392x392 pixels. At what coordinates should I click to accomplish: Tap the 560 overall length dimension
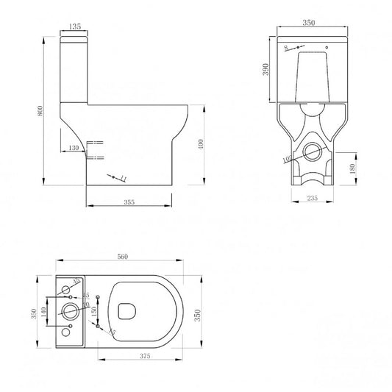124,257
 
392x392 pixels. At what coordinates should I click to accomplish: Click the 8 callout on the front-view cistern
285,48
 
